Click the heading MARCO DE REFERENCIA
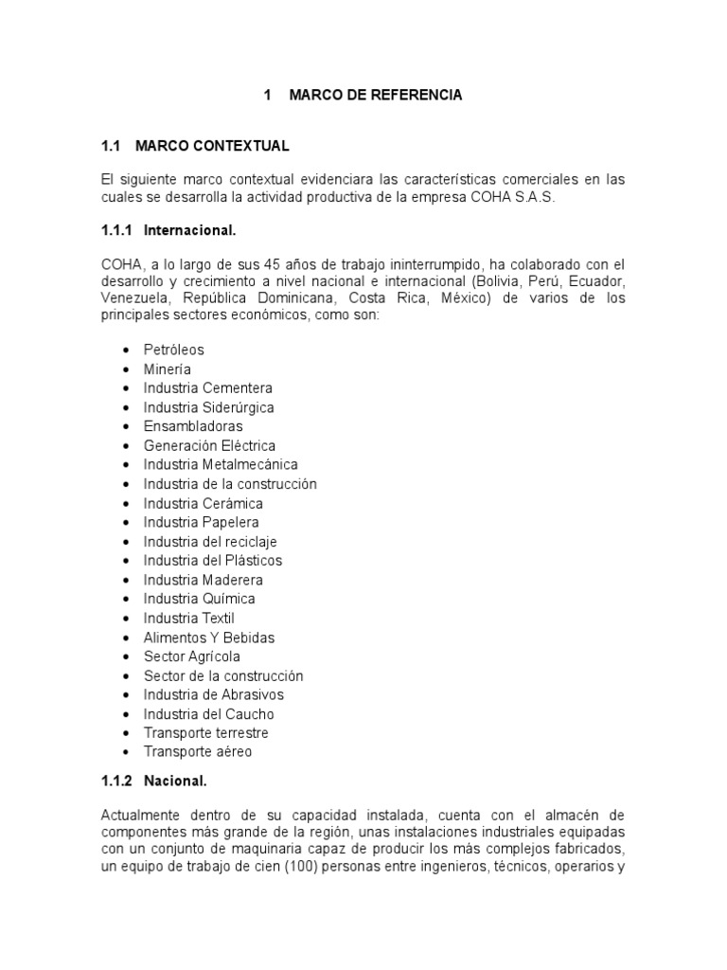[376, 96]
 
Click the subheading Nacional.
[175, 781]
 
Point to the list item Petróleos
[174, 350]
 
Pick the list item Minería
[168, 368]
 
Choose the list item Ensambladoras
[193, 426]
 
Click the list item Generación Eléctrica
[210, 445]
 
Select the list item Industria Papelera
[202, 522]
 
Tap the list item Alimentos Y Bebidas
[209, 638]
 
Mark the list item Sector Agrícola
[192, 656]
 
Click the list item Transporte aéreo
[198, 752]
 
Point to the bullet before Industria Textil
[125, 619]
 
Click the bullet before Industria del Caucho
[125, 714]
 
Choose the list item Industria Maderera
[204, 580]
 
